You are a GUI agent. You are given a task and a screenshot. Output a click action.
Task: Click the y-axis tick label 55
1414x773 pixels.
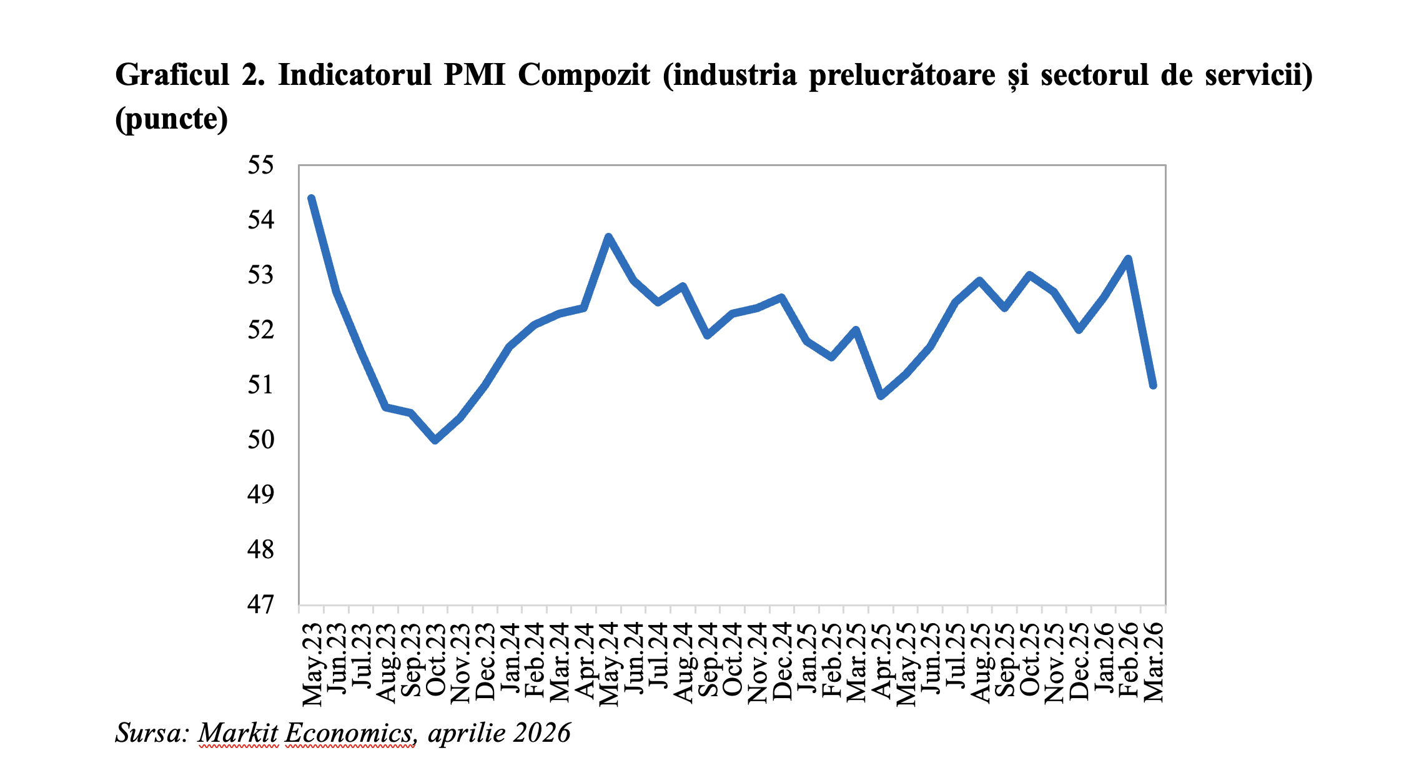click(x=260, y=165)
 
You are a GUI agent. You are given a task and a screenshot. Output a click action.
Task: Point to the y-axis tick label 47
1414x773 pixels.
click(x=260, y=604)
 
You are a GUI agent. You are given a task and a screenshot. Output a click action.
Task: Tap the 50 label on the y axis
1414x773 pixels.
click(x=260, y=440)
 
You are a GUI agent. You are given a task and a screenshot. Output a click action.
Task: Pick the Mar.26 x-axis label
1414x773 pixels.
click(x=1154, y=662)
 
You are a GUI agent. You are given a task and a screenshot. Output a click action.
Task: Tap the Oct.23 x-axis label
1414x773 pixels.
click(x=436, y=661)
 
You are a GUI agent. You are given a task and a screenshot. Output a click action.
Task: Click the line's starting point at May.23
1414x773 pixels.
click(x=312, y=199)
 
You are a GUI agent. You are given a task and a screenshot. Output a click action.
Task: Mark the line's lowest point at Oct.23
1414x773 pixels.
click(x=435, y=440)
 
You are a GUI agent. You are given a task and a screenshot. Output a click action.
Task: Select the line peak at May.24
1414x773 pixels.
click(x=608, y=237)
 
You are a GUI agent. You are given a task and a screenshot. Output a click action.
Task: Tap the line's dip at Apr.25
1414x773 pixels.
click(x=881, y=396)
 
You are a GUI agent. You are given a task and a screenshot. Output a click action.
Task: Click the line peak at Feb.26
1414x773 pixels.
click(x=1128, y=258)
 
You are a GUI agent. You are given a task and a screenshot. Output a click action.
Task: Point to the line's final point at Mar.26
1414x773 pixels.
click(x=1153, y=385)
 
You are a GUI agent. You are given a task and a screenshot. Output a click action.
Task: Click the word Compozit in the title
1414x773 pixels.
click(x=583, y=76)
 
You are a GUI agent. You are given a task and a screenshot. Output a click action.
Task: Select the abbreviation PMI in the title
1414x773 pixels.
click(x=475, y=76)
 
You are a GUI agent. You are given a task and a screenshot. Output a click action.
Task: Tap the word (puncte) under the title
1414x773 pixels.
click(x=172, y=119)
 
